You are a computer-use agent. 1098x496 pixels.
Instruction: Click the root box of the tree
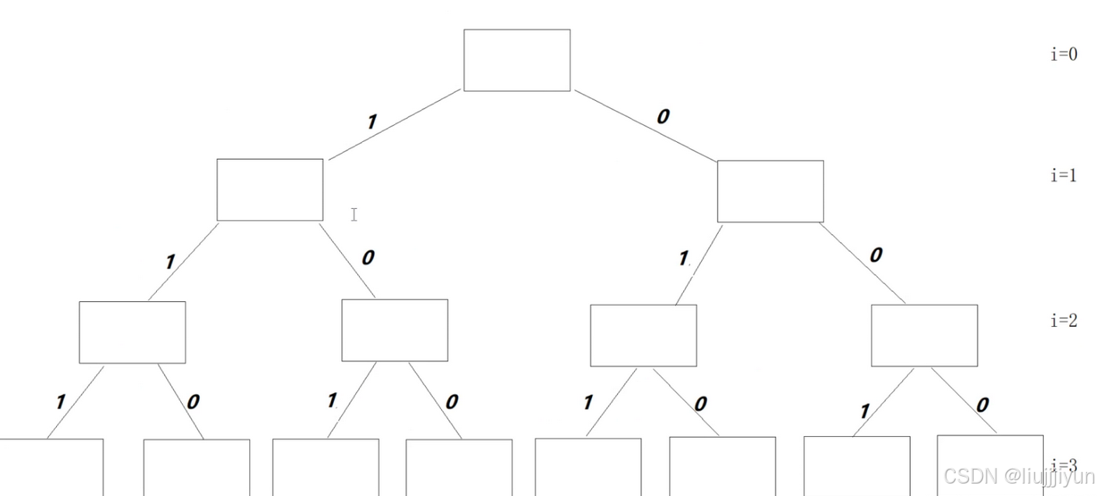[517, 60]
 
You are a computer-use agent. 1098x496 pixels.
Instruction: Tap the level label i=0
[1064, 54]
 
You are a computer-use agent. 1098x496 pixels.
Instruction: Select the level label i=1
[1064, 175]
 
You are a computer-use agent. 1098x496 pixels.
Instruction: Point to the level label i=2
[1064, 321]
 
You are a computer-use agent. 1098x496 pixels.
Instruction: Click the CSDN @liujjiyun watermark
[1019, 476]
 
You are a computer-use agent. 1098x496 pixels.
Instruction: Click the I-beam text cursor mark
[354, 214]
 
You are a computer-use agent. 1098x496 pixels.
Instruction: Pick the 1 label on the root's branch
[371, 121]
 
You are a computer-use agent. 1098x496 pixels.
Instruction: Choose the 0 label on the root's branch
[662, 116]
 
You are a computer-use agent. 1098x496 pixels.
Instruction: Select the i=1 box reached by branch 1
[270, 189]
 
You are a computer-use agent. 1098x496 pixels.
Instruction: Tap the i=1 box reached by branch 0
[770, 191]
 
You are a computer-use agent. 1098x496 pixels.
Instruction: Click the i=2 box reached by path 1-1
[132, 332]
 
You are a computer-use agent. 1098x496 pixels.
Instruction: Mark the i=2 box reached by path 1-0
[395, 330]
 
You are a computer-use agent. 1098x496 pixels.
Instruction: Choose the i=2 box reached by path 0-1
[643, 335]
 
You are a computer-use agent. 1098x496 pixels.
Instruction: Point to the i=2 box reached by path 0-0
[924, 335]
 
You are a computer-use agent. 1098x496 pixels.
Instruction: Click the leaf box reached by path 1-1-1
[51, 467]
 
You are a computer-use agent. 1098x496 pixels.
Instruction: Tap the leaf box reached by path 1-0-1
[326, 467]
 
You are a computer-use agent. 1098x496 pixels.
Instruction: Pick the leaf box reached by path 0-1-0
[723, 466]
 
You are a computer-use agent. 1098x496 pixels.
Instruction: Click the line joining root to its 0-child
[645, 126]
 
